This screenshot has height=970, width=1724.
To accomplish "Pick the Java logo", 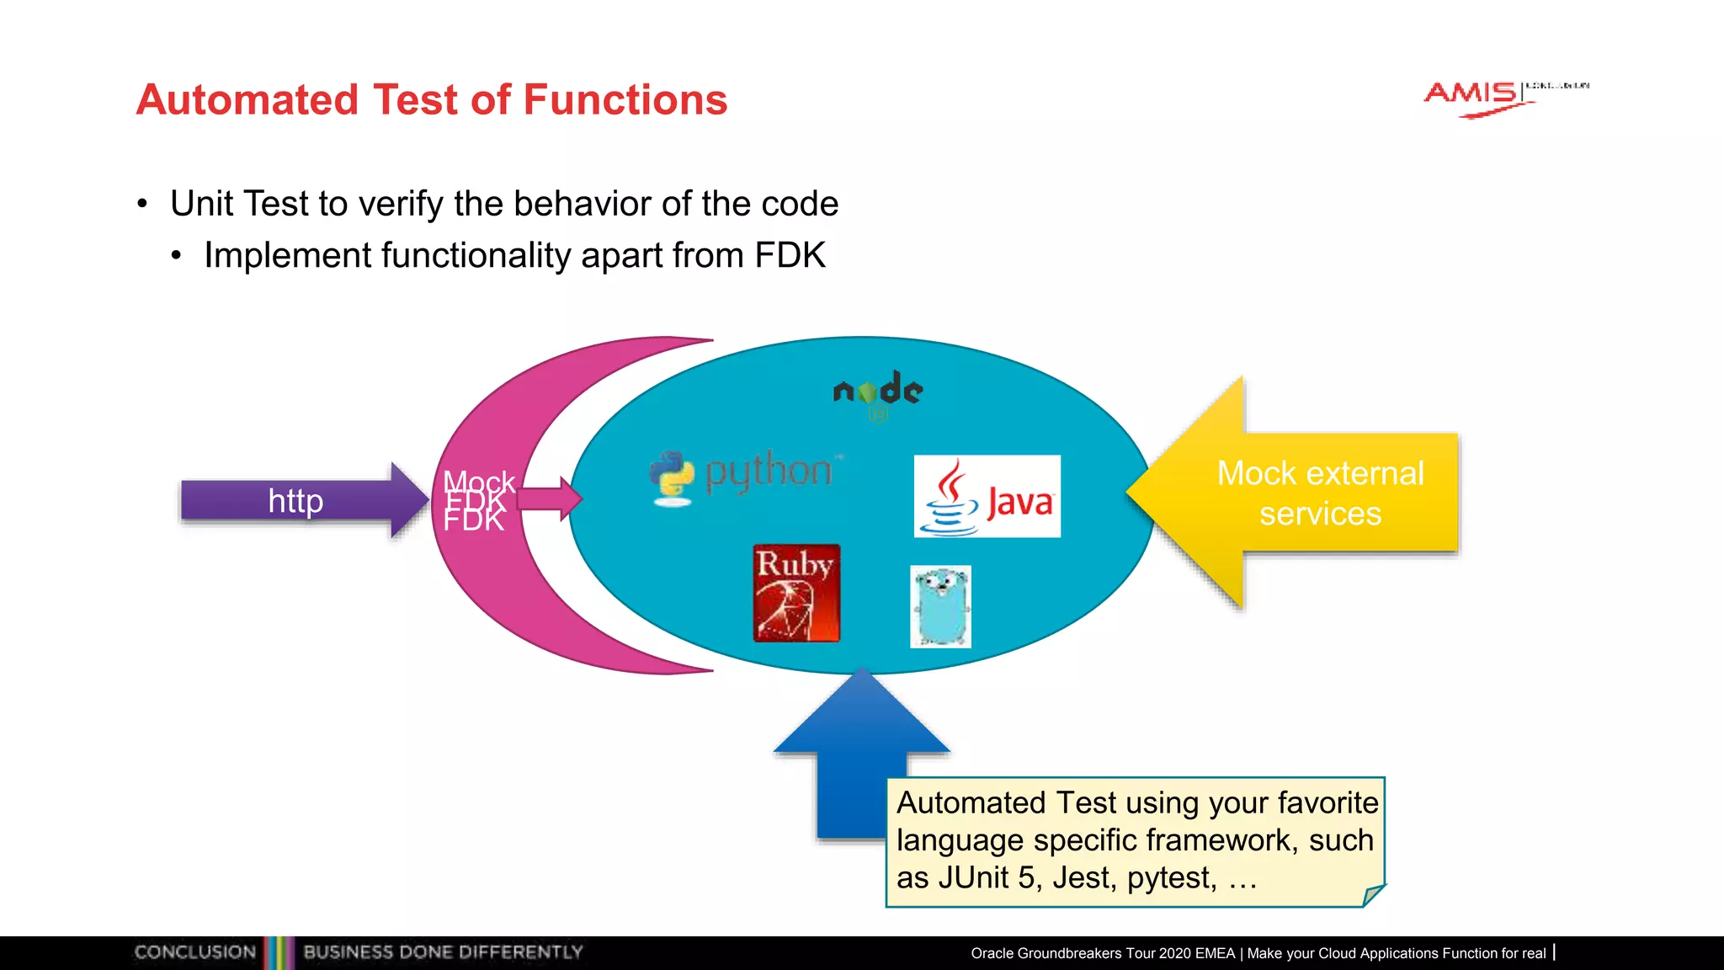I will (987, 497).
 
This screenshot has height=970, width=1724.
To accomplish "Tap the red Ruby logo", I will (796, 593).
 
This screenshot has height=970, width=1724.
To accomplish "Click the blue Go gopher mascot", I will (940, 606).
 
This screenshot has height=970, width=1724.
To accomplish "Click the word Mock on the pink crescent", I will (478, 482).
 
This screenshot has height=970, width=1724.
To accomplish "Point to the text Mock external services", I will (1320, 493).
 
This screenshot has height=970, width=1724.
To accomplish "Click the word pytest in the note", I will (1171, 878).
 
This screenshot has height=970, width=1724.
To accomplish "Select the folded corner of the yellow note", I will (1373, 895).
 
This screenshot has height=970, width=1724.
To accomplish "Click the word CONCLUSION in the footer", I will (195, 952).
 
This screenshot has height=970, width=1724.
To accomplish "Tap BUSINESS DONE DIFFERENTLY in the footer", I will (443, 952).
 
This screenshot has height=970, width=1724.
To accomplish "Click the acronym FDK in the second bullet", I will (790, 255).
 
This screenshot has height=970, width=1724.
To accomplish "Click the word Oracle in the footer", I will (992, 953).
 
